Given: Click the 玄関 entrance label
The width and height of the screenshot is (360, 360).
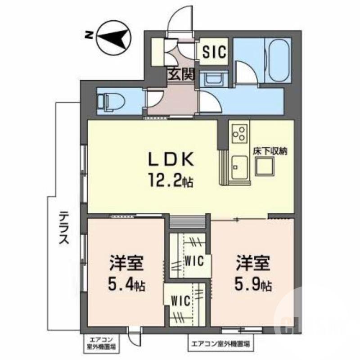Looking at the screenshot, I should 181,74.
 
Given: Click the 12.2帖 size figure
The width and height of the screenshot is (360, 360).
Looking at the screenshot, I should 171,181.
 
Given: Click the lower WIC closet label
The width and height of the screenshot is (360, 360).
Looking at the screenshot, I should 182,300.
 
